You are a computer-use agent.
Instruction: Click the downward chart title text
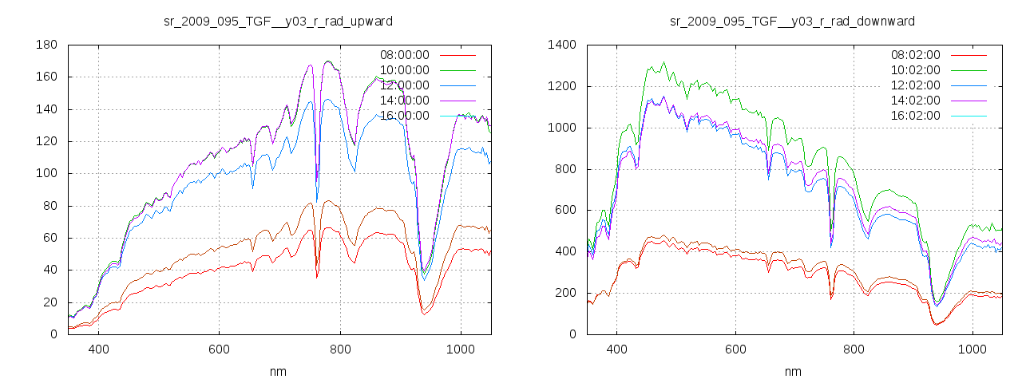(x=792, y=21)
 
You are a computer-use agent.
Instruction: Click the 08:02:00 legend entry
(x=915, y=55)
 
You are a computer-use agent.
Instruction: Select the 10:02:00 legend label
(x=915, y=70)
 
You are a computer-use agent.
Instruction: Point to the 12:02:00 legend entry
(x=915, y=85)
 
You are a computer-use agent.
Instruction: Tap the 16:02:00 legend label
(x=915, y=116)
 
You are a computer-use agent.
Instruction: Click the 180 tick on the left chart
(x=46, y=45)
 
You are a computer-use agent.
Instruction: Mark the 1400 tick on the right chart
(x=561, y=45)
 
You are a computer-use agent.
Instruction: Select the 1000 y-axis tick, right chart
(x=561, y=128)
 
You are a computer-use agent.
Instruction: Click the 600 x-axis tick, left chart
(x=219, y=349)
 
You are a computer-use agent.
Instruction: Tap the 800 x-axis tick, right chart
(x=854, y=349)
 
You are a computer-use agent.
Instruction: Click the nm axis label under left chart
(x=278, y=371)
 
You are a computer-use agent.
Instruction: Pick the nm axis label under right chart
(x=792, y=371)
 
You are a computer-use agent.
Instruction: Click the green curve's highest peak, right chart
(x=664, y=63)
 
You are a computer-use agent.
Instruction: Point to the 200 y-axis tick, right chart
(x=564, y=293)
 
